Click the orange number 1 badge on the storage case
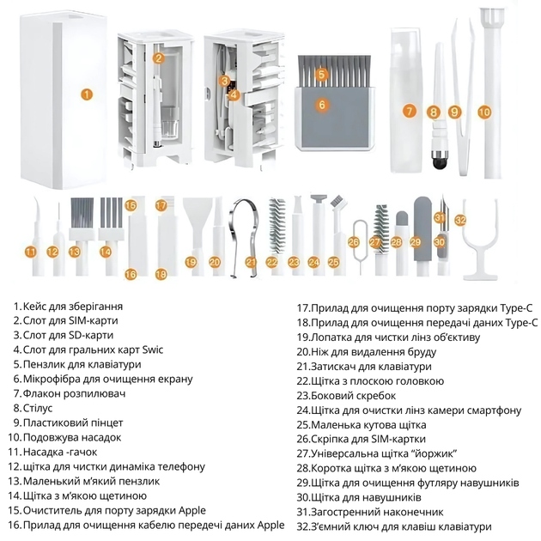click(x=87, y=94)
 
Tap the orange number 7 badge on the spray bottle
click(x=410, y=111)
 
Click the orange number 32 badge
click(x=460, y=220)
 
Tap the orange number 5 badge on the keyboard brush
click(x=321, y=74)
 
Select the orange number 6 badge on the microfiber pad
click(x=322, y=104)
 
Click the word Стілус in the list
click(x=38, y=408)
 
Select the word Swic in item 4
click(x=153, y=350)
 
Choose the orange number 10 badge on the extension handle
click(x=484, y=112)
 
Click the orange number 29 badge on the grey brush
click(x=416, y=242)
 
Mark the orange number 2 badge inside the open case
click(x=158, y=58)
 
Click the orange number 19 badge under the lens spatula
click(x=191, y=262)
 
